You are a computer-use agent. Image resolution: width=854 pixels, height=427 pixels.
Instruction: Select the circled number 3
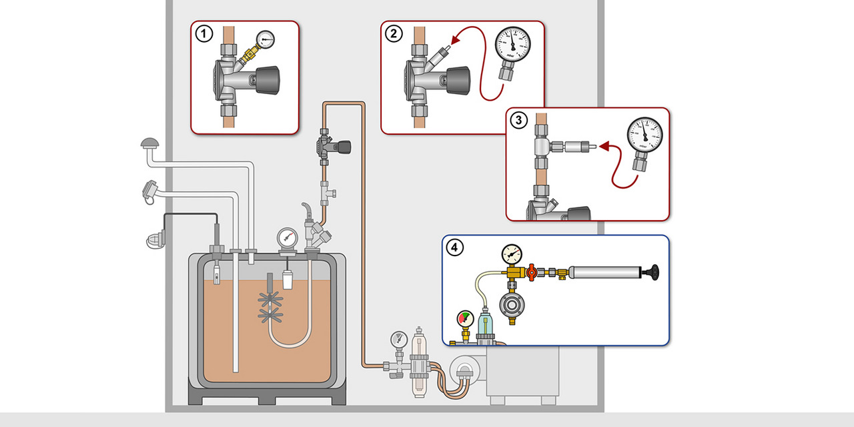pos(518,121)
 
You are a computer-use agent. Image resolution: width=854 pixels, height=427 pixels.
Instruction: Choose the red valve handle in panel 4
pos(532,272)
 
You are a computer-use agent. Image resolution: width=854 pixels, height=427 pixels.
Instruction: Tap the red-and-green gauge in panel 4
pos(465,320)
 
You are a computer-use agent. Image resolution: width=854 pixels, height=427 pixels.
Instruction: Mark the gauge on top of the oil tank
pos(288,238)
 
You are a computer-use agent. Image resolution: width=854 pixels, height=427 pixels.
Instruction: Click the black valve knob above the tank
pos(344,146)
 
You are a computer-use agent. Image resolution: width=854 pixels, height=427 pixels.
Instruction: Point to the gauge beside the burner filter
pos(398,338)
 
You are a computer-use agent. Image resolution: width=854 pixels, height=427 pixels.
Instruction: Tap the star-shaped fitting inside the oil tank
pos(270,301)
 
